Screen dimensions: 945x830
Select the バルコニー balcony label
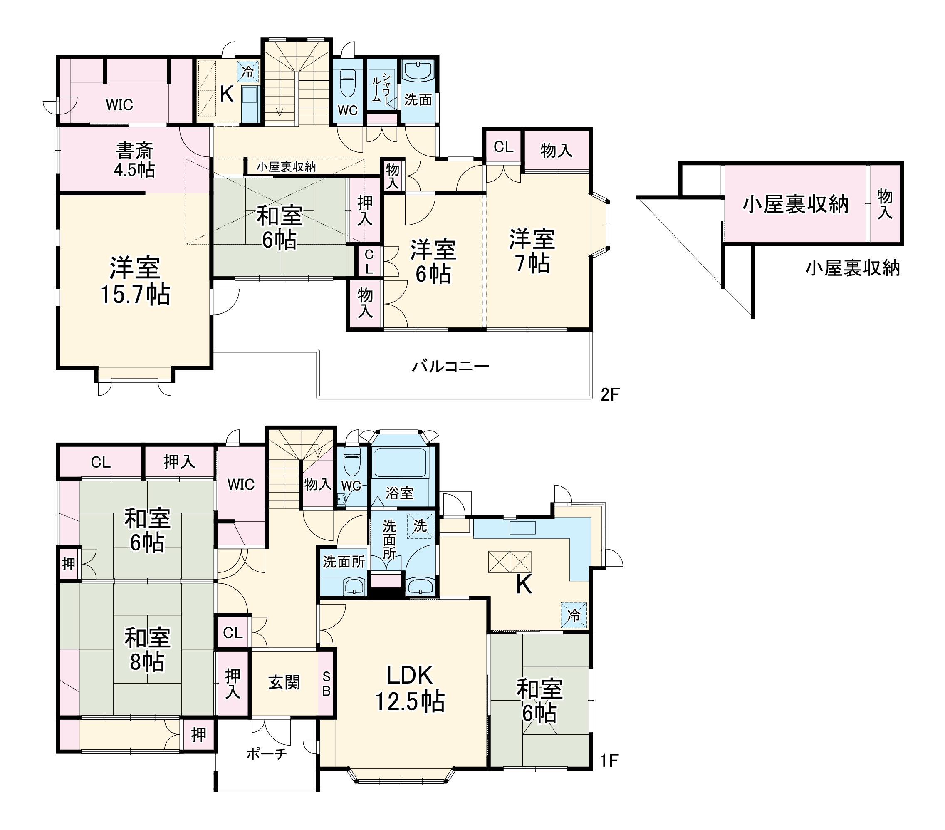[450, 367]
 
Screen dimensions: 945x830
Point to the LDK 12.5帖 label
[409, 688]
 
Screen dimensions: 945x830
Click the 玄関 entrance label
[284, 682]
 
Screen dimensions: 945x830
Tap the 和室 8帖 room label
[147, 650]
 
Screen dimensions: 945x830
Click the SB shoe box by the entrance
[327, 684]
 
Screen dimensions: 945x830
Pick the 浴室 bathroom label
[399, 493]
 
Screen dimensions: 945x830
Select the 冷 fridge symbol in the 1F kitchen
[574, 615]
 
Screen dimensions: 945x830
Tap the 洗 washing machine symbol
[420, 526]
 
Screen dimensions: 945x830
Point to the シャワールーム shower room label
[382, 88]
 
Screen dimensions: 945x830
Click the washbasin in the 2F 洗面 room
[418, 72]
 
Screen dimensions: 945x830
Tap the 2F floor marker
[610, 394]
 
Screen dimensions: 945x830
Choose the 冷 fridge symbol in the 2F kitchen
[248, 72]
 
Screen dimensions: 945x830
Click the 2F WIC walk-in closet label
[119, 105]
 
